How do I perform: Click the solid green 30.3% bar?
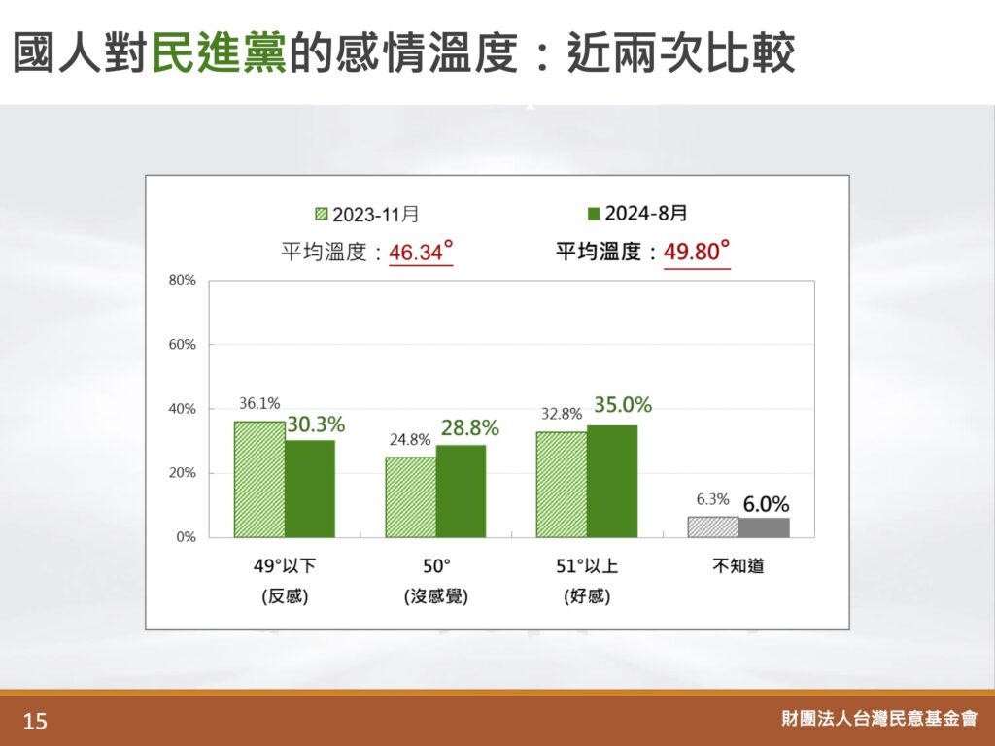tap(310, 489)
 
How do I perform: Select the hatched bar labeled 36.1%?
tap(259, 479)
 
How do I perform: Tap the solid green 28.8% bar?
tap(461, 491)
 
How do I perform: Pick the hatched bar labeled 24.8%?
tap(411, 497)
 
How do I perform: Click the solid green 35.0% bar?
tap(612, 482)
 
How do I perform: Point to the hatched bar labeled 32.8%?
tap(562, 485)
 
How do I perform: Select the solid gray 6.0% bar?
tap(764, 527)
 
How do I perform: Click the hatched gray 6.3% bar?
tap(713, 527)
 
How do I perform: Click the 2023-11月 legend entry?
tap(366, 215)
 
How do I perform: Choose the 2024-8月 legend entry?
tap(637, 213)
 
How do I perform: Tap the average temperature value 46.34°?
tap(421, 252)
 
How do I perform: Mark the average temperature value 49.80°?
tap(696, 252)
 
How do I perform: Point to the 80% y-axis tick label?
tap(182, 281)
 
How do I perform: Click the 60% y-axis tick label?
tap(182, 345)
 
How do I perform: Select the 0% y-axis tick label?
tap(186, 537)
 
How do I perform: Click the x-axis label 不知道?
tap(738, 565)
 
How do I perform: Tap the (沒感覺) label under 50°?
tap(436, 596)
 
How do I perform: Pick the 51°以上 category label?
tap(587, 565)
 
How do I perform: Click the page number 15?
tap(35, 722)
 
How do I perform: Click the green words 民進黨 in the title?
tap(220, 52)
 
